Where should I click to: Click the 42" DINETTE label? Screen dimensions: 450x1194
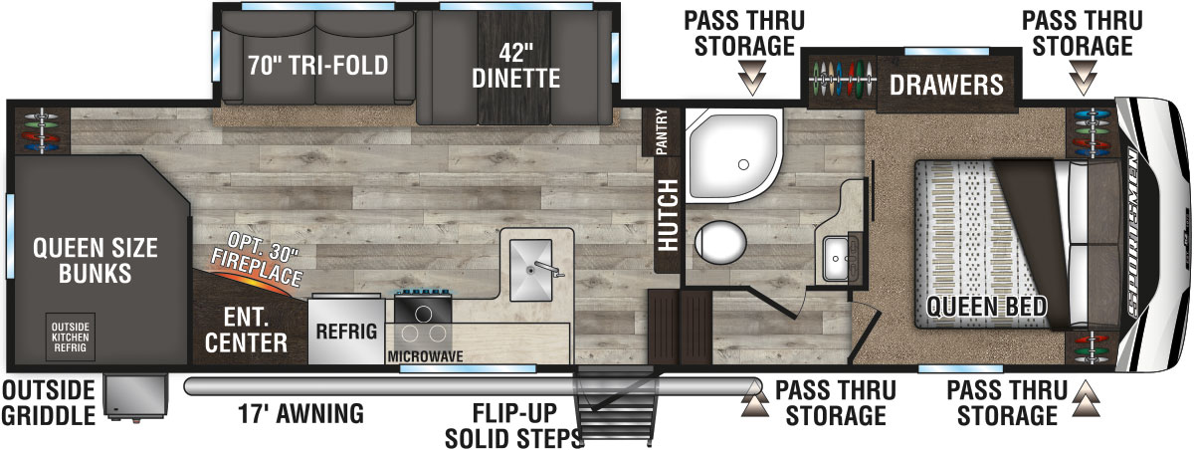click(515, 64)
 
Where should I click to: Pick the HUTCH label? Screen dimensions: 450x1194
click(665, 215)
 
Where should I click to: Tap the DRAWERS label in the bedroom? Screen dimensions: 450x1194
click(946, 84)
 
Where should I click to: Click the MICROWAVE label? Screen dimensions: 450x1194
click(426, 354)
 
